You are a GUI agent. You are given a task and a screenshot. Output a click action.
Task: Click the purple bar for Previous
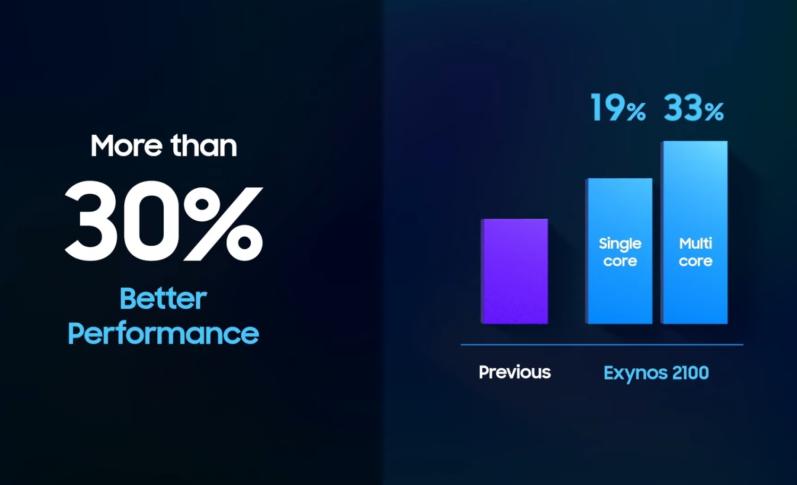tap(514, 272)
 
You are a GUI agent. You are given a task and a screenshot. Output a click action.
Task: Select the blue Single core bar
tap(619, 251)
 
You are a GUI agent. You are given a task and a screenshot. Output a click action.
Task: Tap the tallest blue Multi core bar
tap(694, 232)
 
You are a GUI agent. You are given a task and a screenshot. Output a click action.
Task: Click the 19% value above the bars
tap(618, 108)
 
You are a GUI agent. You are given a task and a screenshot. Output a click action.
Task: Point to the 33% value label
tap(694, 108)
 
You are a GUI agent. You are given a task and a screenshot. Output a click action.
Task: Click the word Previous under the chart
tap(515, 372)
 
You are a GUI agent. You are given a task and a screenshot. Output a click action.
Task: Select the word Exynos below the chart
tap(635, 374)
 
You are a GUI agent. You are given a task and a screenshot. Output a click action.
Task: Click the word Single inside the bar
tap(620, 245)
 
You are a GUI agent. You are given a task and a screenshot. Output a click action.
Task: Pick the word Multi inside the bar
tap(696, 244)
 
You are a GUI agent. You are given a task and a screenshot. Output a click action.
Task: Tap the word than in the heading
tap(204, 145)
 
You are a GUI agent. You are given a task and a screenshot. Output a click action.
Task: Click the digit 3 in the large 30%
tap(91, 221)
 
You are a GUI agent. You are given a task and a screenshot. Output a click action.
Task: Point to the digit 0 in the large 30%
tap(152, 221)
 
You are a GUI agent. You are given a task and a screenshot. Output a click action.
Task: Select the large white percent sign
tap(224, 223)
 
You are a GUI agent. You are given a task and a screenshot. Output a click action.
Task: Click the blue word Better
tap(163, 298)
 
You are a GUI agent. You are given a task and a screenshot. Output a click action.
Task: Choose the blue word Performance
tap(163, 334)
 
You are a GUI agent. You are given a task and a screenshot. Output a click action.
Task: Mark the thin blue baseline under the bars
tap(602, 345)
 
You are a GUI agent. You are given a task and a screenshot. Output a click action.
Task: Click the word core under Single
tap(620, 261)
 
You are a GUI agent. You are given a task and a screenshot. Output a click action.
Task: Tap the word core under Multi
tap(696, 261)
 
